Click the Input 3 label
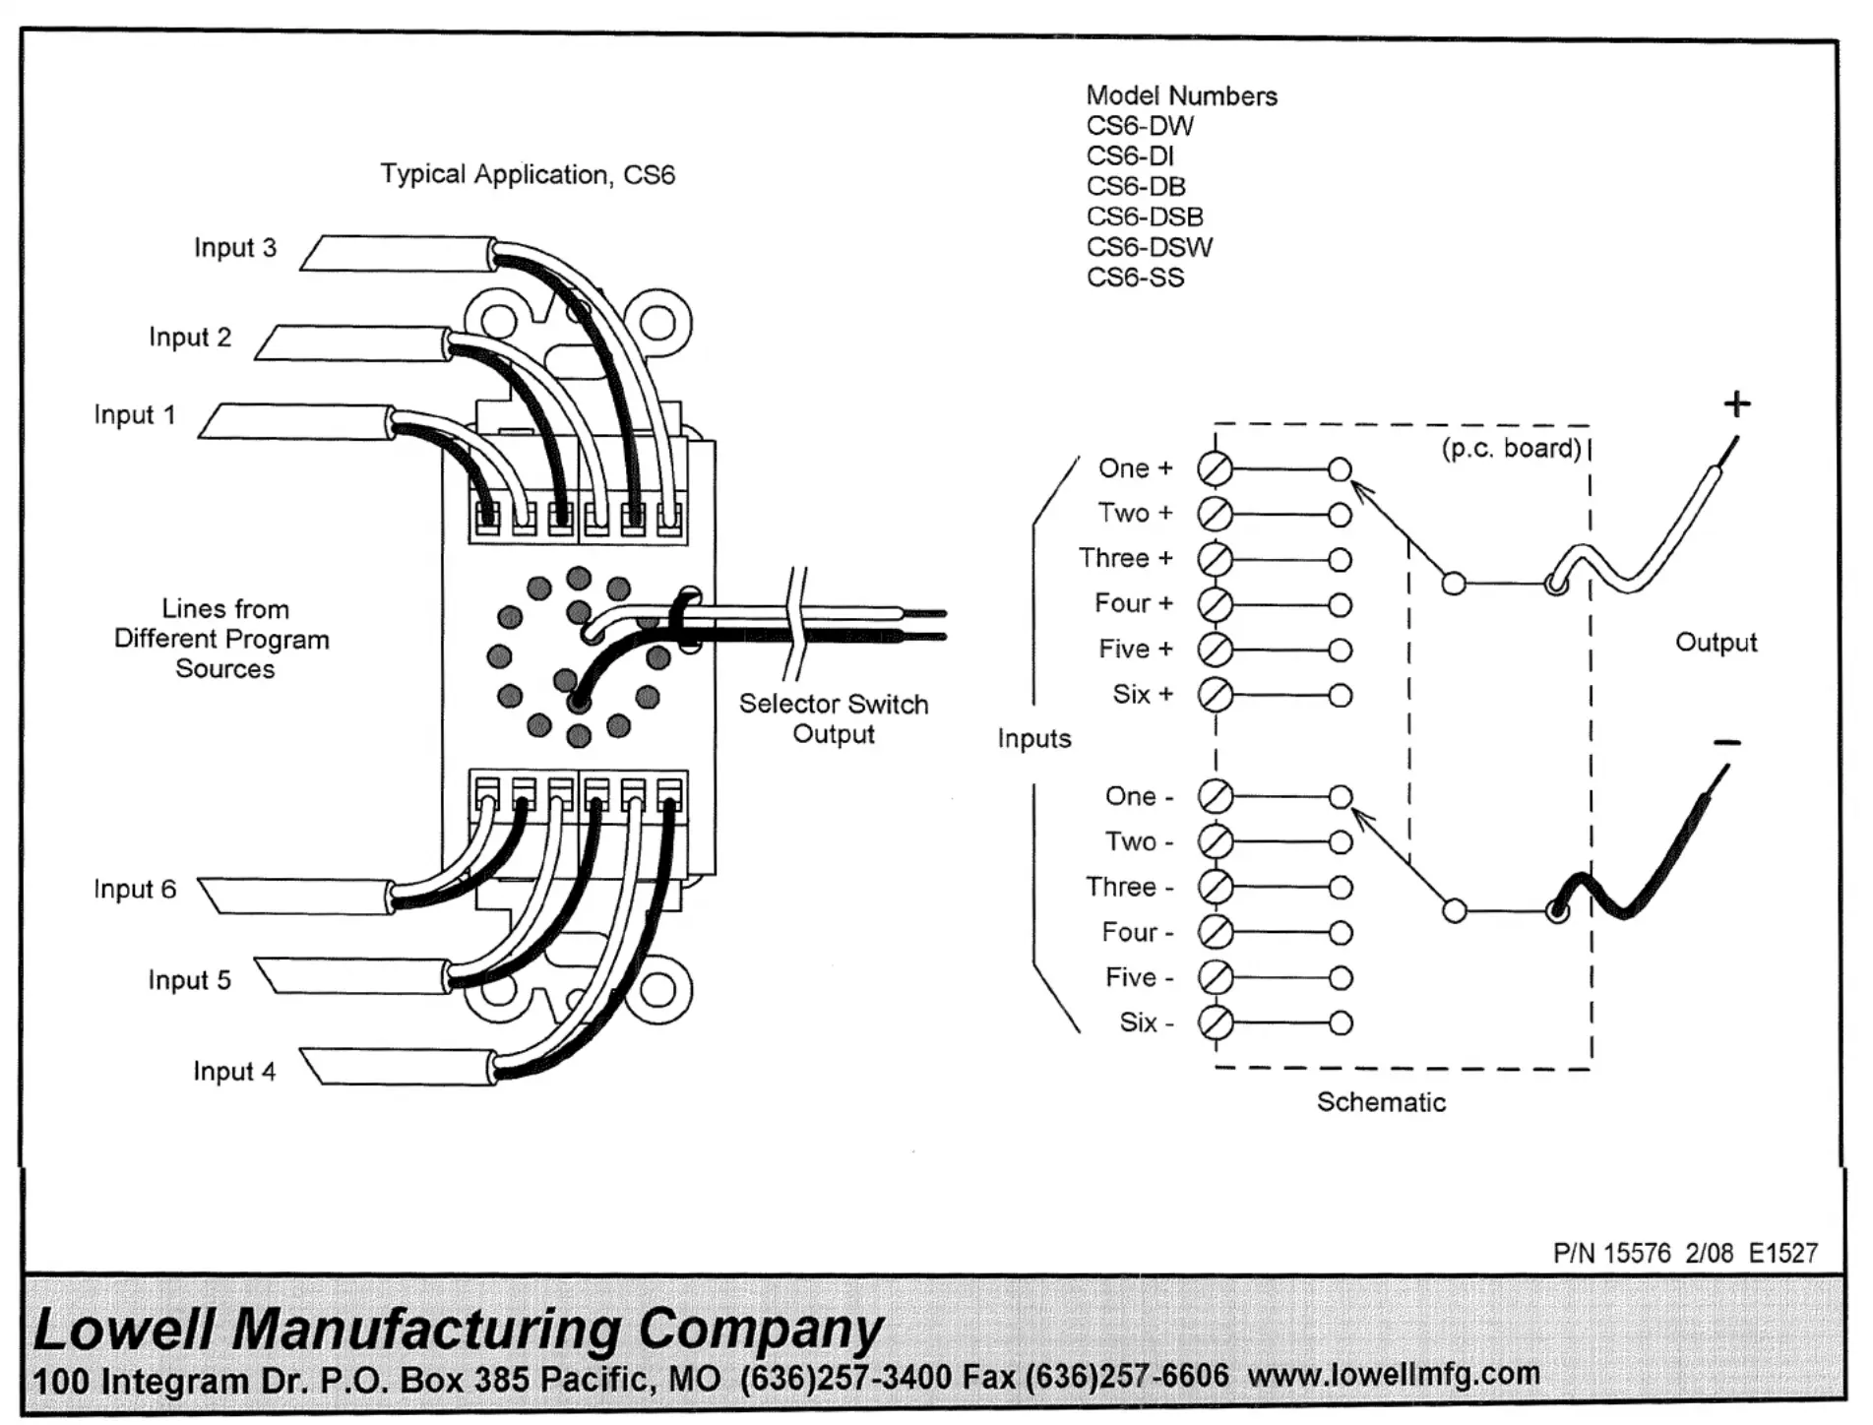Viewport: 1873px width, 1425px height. [234, 248]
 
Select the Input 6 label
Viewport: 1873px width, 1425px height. [134, 890]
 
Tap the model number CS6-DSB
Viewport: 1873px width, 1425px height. [1145, 217]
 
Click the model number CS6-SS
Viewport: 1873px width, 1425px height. [1135, 278]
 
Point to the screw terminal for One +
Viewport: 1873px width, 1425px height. [1215, 469]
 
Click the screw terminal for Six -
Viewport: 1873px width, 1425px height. [1216, 1023]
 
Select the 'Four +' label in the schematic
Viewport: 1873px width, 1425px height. [1133, 603]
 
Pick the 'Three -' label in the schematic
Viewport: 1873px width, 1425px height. [1129, 887]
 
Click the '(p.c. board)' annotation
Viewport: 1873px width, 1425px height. [1511, 449]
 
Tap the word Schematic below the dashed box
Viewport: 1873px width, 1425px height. [1381, 1102]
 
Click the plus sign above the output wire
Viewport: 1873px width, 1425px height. [1737, 403]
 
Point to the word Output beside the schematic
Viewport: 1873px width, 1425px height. [1716, 643]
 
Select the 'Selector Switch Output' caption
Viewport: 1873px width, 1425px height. [834, 719]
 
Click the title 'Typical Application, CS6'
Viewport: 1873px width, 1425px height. [528, 175]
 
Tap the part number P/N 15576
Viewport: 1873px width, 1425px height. [1611, 1253]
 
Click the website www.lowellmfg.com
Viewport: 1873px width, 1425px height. [1393, 1374]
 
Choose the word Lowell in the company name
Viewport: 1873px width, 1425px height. [123, 1329]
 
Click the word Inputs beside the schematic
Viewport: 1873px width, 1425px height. [1033, 739]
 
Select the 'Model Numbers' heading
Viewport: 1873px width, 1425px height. [1181, 96]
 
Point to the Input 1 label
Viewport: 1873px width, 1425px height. [134, 415]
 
